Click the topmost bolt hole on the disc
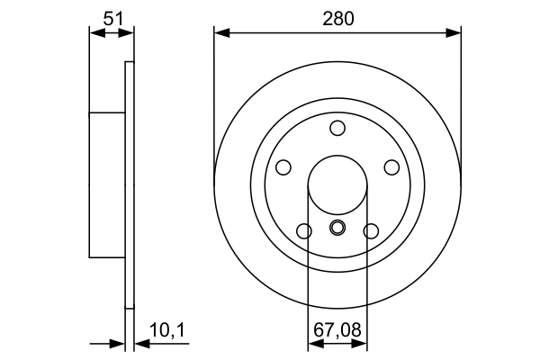point(337,128)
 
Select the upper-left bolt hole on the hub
point(283,167)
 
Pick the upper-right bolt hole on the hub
point(391,167)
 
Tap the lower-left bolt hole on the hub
point(304,231)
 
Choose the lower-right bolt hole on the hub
point(370,231)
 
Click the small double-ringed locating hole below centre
point(337,227)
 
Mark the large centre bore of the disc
point(337,185)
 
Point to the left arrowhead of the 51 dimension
point(95,33)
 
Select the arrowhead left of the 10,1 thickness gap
point(118,343)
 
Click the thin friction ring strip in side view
point(129,185)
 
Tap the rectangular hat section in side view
point(106,185)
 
